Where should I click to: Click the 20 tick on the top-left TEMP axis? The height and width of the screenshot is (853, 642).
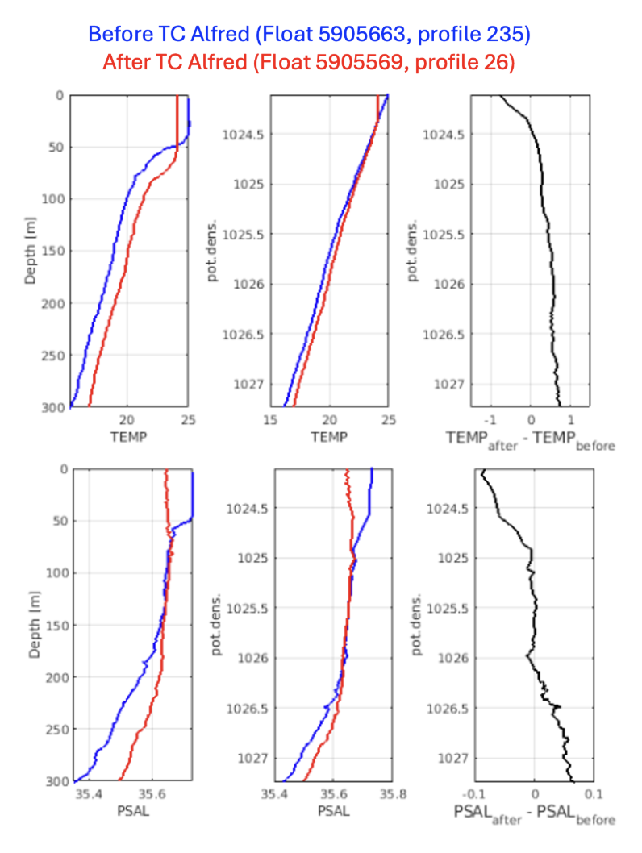point(126,420)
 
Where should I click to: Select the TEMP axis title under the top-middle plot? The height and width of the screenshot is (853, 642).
point(329,437)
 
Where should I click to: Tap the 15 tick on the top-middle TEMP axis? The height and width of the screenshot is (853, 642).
point(270,420)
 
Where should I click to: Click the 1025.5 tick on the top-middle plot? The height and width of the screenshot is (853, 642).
point(243,235)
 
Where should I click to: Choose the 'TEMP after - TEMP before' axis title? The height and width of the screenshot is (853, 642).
point(529,439)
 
